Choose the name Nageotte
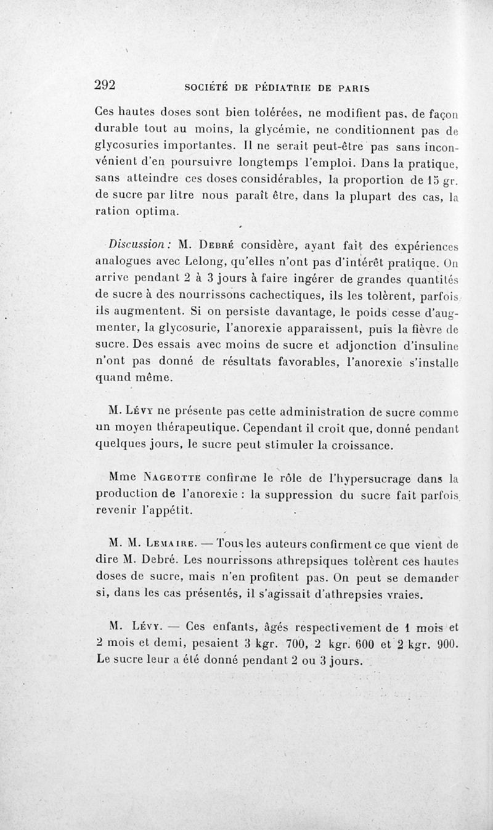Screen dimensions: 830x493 158,477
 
